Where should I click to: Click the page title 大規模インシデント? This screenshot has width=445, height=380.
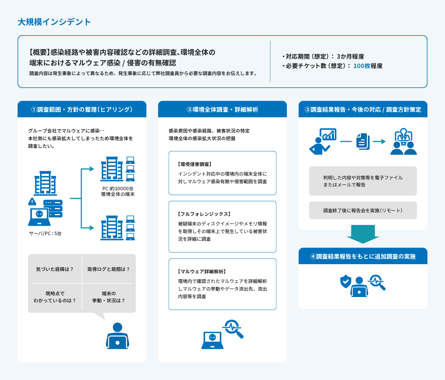pos(54,22)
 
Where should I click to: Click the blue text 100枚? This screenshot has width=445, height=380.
pos(362,66)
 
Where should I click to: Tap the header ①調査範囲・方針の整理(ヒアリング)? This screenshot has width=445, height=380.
pos(82,110)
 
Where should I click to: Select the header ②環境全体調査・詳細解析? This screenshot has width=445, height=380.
pos(222,110)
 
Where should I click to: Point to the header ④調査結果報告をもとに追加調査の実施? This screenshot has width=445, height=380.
pos(363,257)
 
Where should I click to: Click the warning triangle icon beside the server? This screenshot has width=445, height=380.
pos(32,202)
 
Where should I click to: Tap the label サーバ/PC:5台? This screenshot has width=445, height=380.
pos(45,233)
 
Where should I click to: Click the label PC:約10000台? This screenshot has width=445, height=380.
pos(118,189)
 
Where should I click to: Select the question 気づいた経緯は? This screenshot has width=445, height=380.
pos(55,269)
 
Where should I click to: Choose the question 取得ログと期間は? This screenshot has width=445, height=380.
pos(109,269)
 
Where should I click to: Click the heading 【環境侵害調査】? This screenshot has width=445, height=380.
pos(195,164)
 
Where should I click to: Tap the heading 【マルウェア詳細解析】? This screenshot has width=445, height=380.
pos(202,272)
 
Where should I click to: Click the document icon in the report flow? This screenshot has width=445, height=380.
pos(363,142)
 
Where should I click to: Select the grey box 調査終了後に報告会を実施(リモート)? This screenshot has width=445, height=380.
pos(363,211)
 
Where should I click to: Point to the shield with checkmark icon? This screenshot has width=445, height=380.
pos(345,281)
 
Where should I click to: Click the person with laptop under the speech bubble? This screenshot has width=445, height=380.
pos(117,336)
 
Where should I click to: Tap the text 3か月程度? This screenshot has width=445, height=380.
pos(350,57)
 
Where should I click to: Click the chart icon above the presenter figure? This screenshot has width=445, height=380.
pos(328,134)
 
